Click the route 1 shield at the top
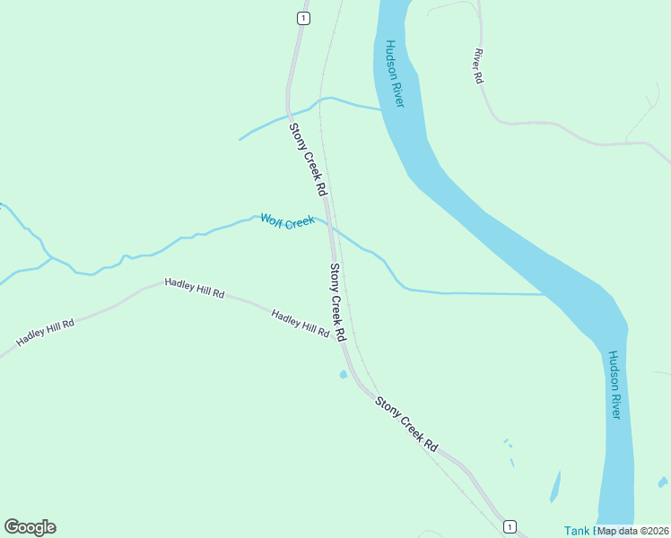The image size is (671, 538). coord(303,18)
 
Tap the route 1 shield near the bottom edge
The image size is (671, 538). coord(509,525)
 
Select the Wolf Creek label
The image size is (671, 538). coord(287,221)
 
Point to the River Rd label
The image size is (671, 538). coord(478,66)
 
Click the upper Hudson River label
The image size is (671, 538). coord(395,74)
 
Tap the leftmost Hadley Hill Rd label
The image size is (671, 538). coord(44,333)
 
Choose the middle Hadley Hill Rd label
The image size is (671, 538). coord(194,289)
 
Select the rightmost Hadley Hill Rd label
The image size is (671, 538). coord(301,324)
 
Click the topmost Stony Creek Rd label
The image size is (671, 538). coord(307,160)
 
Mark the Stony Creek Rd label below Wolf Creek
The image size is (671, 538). coord(337,302)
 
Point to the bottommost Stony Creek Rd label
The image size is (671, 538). coord(406,424)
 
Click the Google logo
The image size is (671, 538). coord(30,527)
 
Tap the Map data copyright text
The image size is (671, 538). coord(633,531)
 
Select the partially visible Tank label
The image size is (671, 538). coord(579,531)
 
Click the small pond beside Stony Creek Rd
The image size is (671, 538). coord(343,375)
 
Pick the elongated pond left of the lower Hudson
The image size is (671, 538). coord(555,487)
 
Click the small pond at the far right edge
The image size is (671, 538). coord(663,482)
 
